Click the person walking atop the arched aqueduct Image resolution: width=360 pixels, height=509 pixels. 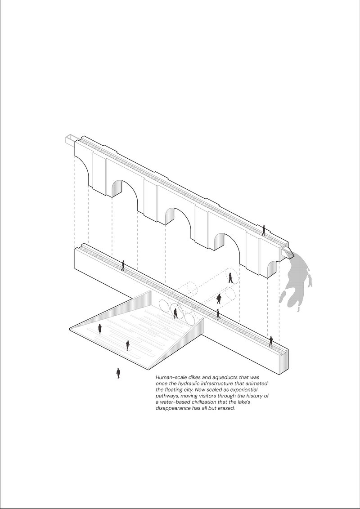pyautogui.click(x=264, y=230)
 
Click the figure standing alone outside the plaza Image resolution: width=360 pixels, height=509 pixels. pyautogui.click(x=118, y=373)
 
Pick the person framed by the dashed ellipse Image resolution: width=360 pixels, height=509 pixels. pyautogui.click(x=230, y=278)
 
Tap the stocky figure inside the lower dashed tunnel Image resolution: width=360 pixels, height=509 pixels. pyautogui.click(x=219, y=299)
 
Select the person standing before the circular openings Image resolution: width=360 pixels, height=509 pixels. pyautogui.click(x=175, y=313)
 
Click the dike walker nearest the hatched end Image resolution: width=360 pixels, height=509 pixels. pyautogui.click(x=270, y=341)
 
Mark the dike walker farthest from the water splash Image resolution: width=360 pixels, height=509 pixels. pyautogui.click(x=123, y=265)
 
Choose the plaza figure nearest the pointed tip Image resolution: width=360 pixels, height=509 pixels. pyautogui.click(x=100, y=329)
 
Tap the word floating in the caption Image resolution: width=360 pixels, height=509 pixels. pyautogui.click(x=173, y=390)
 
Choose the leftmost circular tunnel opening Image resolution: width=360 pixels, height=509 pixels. pyautogui.click(x=164, y=305)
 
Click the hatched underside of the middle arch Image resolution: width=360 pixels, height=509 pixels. pyautogui.click(x=170, y=216)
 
